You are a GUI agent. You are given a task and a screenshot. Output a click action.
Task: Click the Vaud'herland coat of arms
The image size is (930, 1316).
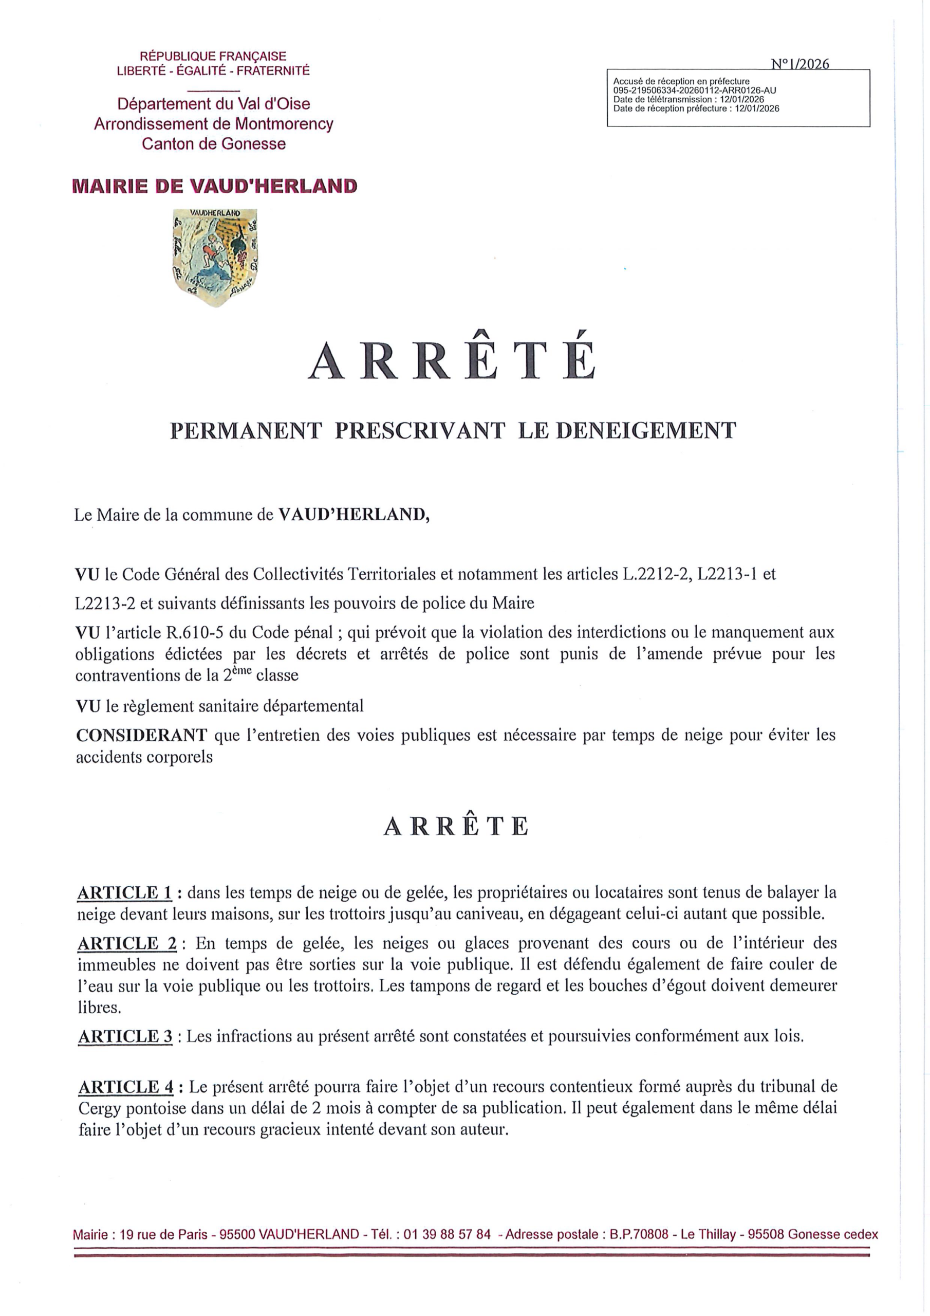pyautogui.click(x=215, y=257)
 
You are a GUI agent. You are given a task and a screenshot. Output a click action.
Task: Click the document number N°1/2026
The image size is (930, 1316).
pyautogui.click(x=800, y=64)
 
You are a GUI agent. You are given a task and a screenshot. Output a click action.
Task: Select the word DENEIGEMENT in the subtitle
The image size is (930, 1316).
pyautogui.click(x=646, y=430)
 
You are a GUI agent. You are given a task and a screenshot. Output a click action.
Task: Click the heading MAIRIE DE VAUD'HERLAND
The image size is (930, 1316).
pyautogui.click(x=215, y=186)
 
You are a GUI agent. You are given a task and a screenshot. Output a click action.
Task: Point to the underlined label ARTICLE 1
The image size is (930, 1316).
pyautogui.click(x=125, y=892)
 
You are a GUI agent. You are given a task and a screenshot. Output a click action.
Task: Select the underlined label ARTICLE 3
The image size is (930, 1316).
pyautogui.click(x=125, y=1036)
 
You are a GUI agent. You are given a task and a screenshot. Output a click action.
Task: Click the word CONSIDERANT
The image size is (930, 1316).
pyautogui.click(x=141, y=735)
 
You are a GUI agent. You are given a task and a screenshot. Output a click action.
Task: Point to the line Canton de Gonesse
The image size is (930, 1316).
pyautogui.click(x=214, y=143)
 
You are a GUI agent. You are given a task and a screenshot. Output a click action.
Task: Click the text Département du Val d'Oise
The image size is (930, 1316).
pyautogui.click(x=214, y=104)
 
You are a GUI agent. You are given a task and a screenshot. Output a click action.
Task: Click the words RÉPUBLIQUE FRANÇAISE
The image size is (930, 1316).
pyautogui.click(x=213, y=56)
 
